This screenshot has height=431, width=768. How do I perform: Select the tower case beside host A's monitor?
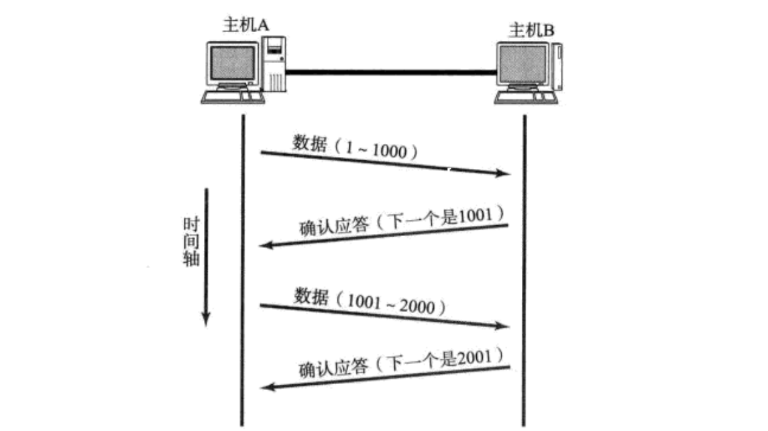pos(274,64)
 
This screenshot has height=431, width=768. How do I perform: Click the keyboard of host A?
pos(232,97)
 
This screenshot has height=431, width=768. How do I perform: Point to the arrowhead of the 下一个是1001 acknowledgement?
pos(266,245)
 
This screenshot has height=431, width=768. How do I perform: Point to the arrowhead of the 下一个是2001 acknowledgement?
pos(266,387)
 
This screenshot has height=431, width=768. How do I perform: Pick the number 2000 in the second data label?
pos(421,307)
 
